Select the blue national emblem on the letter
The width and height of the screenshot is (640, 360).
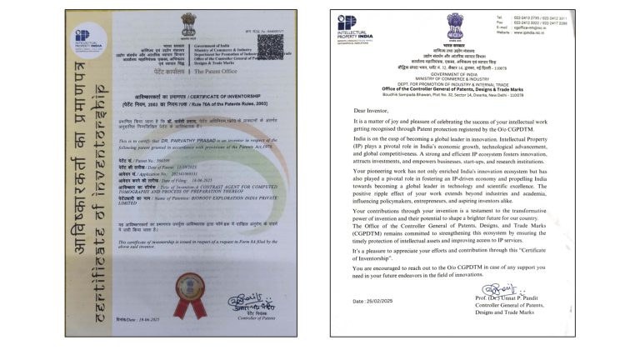click(454, 24)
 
